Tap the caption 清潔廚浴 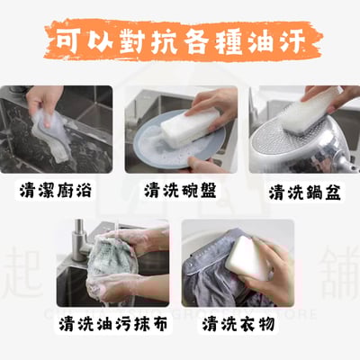click(56, 190)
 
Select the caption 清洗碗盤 click(180, 190)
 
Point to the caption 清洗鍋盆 click(303, 190)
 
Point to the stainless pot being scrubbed click(297, 144)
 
